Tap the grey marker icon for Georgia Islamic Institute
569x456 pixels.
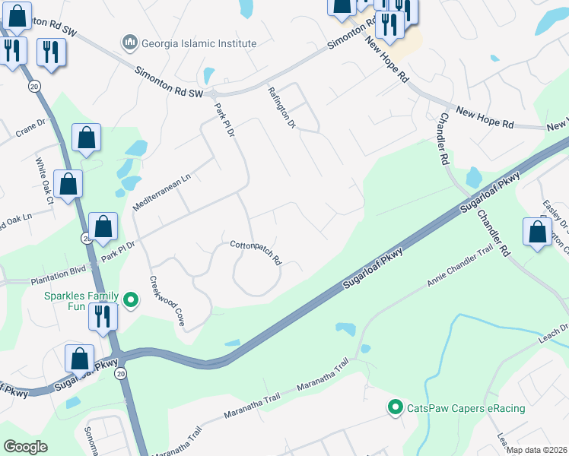tap(130, 43)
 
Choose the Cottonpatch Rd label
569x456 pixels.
tap(256, 252)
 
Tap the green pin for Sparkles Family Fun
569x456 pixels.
tap(130, 300)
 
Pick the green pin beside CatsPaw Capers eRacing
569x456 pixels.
tap(395, 408)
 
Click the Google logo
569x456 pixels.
tap(26, 447)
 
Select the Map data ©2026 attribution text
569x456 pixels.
tap(536, 450)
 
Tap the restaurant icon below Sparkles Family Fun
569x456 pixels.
tap(103, 316)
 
